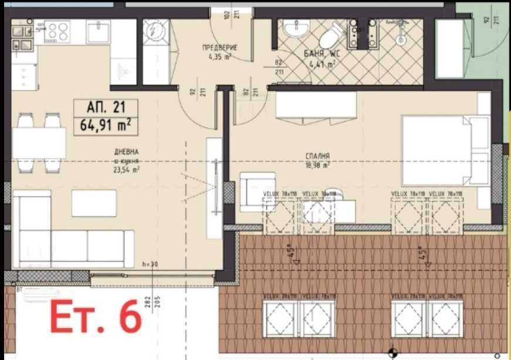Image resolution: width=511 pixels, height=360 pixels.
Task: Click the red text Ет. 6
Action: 96,317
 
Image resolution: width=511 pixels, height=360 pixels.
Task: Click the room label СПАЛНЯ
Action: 317,157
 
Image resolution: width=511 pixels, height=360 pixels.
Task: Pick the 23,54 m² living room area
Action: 127,171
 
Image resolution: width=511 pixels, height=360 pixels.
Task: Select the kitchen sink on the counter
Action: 98,30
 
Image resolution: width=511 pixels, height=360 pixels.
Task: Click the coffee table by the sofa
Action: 94,203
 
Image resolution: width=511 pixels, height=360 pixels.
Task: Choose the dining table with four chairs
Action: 39,143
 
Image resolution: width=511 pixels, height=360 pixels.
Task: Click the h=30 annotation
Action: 151,264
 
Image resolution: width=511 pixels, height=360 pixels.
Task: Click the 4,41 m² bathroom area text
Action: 322,64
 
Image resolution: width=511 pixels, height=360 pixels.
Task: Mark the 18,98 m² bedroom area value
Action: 317,165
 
